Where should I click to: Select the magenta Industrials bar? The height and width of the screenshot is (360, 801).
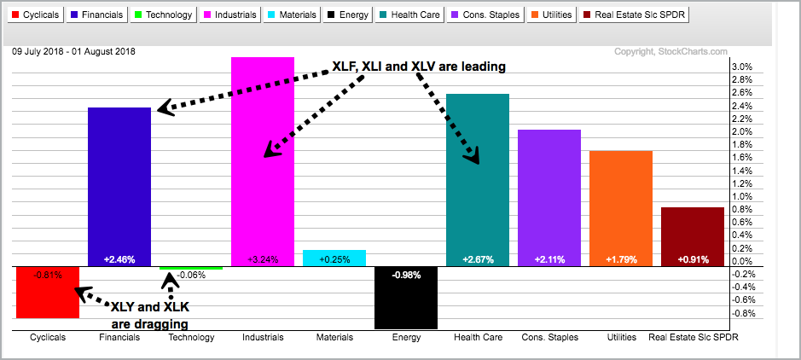(263, 196)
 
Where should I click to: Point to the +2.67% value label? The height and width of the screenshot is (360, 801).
(478, 258)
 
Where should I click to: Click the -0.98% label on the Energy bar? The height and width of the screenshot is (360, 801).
(406, 275)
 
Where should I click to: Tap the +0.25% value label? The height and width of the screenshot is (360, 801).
(334, 258)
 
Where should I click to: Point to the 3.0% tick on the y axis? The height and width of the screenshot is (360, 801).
(742, 67)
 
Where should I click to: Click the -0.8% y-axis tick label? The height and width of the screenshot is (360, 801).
(744, 313)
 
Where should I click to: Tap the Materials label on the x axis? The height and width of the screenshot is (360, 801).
(334, 338)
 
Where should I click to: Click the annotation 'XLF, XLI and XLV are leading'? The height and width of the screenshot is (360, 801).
(418, 67)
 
